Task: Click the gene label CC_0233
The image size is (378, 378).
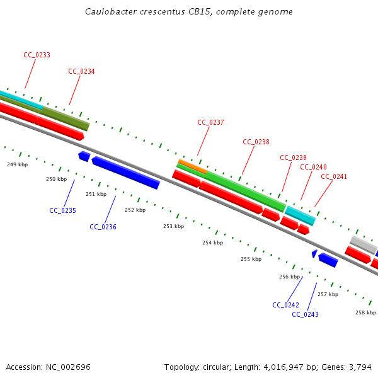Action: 37,55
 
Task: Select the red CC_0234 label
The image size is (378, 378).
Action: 81,72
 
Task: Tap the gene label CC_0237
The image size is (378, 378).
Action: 210,123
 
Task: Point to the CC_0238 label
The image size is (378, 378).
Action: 256,142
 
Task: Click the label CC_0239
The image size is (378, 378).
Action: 293,157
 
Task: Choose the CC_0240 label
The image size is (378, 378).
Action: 313,168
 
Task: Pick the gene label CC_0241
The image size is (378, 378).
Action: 334,177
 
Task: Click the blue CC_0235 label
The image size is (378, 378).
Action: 62,210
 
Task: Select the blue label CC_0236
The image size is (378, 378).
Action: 103,227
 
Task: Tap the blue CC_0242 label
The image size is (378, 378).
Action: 285,305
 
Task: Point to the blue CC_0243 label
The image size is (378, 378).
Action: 305,314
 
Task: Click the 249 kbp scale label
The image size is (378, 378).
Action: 17,164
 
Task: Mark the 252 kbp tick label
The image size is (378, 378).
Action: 135,210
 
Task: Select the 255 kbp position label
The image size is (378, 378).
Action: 251,259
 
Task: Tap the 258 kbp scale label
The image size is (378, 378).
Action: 365,312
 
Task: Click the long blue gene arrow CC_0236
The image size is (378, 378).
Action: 125,173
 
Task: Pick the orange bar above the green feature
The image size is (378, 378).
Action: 192,166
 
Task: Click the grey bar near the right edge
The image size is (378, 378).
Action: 363,243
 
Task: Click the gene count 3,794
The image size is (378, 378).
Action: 360,367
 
